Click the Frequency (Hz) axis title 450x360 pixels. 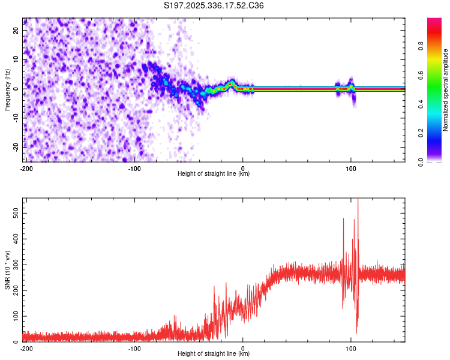click(x=7, y=89)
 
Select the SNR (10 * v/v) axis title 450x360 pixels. click(x=7, y=271)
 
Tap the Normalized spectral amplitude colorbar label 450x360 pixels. click(x=446, y=90)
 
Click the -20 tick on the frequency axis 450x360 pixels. click(x=16, y=146)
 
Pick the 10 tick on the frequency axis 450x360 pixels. click(x=17, y=60)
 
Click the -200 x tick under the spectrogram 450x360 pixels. click(x=26, y=168)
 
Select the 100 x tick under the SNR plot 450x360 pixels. click(x=352, y=348)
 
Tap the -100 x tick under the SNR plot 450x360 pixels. click(x=134, y=348)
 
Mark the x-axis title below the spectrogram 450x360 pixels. click(x=214, y=174)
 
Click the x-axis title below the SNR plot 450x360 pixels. click(x=214, y=354)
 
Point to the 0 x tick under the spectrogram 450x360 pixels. click(x=243, y=168)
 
